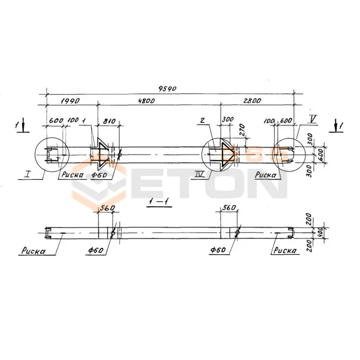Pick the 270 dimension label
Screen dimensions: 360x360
[x=241, y=130]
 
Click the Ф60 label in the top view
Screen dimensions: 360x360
[x=99, y=175]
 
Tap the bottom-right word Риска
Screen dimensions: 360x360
[x=284, y=250]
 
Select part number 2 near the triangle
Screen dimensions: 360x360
[x=202, y=120]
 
